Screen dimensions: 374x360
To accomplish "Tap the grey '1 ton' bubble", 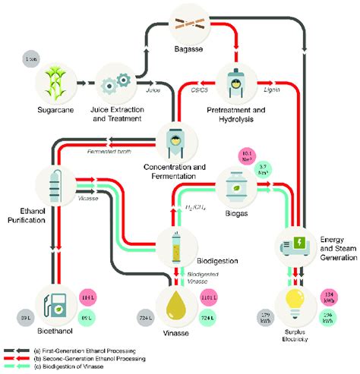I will click(x=31, y=60).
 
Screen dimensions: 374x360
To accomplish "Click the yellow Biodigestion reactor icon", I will click(x=178, y=243).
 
